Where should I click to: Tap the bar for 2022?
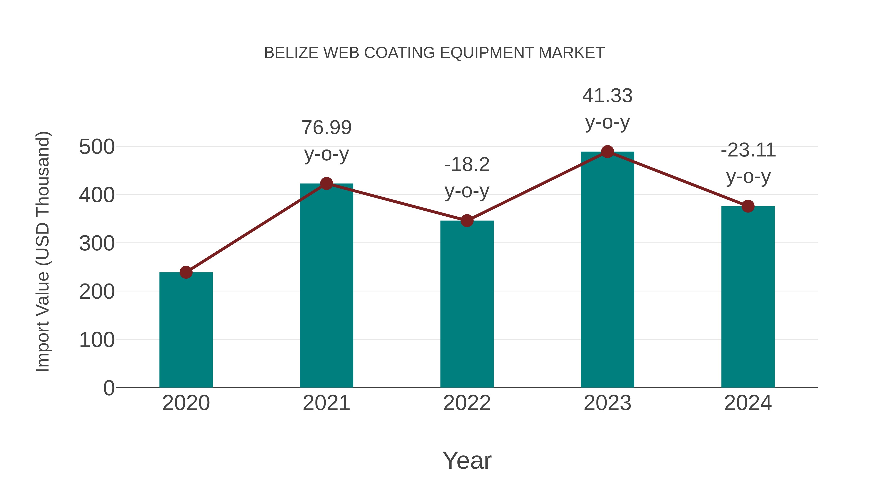pyautogui.click(x=467, y=304)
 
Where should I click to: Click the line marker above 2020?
pyautogui.click(x=186, y=272)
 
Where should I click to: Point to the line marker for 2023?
pyautogui.click(x=607, y=152)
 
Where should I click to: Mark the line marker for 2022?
pyautogui.click(x=467, y=221)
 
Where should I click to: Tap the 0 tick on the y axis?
pyautogui.click(x=109, y=388)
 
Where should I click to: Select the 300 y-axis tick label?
pyautogui.click(x=97, y=244)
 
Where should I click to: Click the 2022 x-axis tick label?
pyautogui.click(x=467, y=403)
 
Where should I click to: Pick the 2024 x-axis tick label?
pyautogui.click(x=748, y=403)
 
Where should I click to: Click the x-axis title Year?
pyautogui.click(x=467, y=461)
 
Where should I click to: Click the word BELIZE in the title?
pyautogui.click(x=291, y=53)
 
